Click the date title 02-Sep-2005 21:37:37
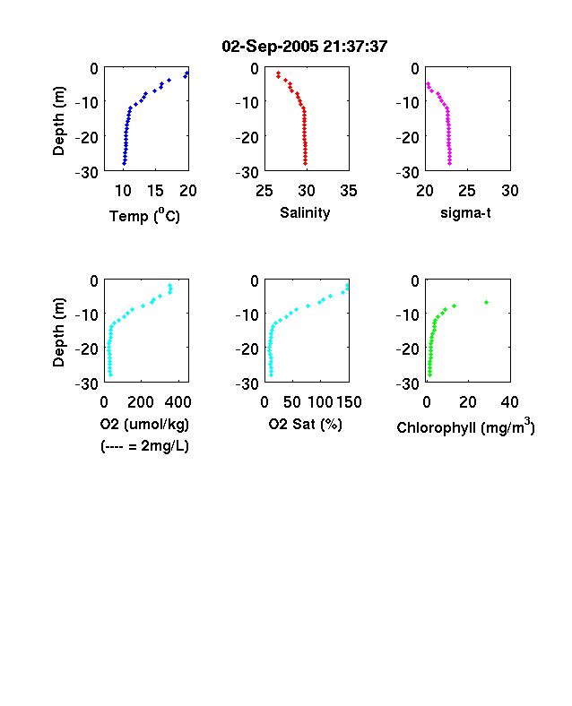pyautogui.click(x=305, y=46)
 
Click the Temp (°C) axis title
pyautogui.click(x=144, y=216)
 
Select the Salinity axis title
pyautogui.click(x=305, y=212)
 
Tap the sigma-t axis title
pyautogui.click(x=465, y=212)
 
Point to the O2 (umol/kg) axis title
pyautogui.click(x=144, y=424)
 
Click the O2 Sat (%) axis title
pyautogui.click(x=306, y=424)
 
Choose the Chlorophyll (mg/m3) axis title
pyautogui.click(x=465, y=426)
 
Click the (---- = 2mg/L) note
pyautogui.click(x=144, y=446)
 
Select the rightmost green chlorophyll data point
pyautogui.click(x=487, y=302)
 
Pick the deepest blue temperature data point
pyautogui.click(x=124, y=163)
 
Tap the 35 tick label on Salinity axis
pyautogui.click(x=349, y=191)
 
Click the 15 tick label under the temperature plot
pyautogui.click(x=155, y=191)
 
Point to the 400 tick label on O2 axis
pyautogui.click(x=178, y=401)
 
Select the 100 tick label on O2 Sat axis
pyautogui.click(x=321, y=401)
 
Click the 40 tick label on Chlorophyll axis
pyautogui.click(x=509, y=401)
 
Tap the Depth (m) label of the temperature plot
pyautogui.click(x=58, y=121)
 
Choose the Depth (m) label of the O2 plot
pyautogui.click(x=58, y=332)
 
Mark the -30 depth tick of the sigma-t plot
pyautogui.click(x=408, y=172)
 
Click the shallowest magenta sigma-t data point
pyautogui.click(x=428, y=83)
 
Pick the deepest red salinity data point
pyautogui.click(x=306, y=163)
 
